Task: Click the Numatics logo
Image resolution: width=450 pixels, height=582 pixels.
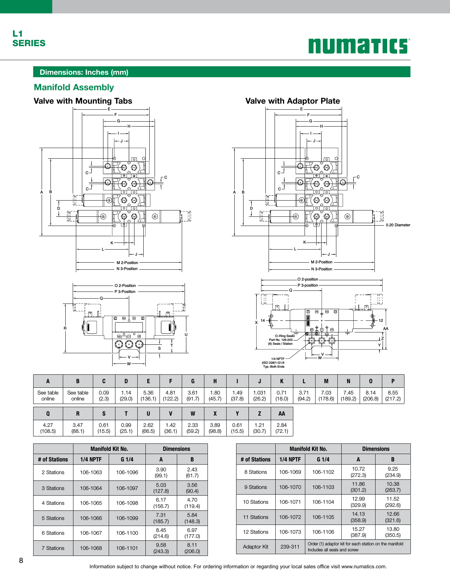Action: coord(359,46)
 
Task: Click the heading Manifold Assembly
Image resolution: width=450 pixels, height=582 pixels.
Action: coord(74,87)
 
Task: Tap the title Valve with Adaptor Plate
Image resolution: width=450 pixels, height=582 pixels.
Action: coord(292,101)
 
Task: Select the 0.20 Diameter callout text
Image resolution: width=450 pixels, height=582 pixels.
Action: coord(398,225)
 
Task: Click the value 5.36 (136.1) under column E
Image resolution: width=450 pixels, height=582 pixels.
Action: coord(148,396)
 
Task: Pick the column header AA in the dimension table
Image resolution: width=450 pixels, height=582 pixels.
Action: coord(282,414)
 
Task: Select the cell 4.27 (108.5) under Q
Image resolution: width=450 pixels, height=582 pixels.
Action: coord(48,428)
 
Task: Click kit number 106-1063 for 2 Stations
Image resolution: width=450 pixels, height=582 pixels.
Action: coord(91,472)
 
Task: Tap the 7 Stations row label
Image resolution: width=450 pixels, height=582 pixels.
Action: coord(53,548)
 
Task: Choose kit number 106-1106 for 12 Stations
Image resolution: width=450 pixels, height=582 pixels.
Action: coord(323,532)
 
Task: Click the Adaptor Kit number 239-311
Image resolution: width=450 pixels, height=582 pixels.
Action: coord(290,547)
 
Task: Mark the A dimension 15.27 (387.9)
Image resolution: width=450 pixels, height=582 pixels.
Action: coord(358,532)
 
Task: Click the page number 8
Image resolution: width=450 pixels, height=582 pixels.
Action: coord(21,561)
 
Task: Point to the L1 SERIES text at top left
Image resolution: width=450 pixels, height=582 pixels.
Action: coord(29,38)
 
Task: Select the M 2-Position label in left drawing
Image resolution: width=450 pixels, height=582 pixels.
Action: coord(127,263)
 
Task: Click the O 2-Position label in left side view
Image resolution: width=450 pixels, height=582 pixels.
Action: coord(125,286)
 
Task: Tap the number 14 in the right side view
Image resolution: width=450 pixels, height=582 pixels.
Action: coord(263,320)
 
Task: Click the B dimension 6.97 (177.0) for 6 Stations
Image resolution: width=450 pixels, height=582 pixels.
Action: coord(192,533)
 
